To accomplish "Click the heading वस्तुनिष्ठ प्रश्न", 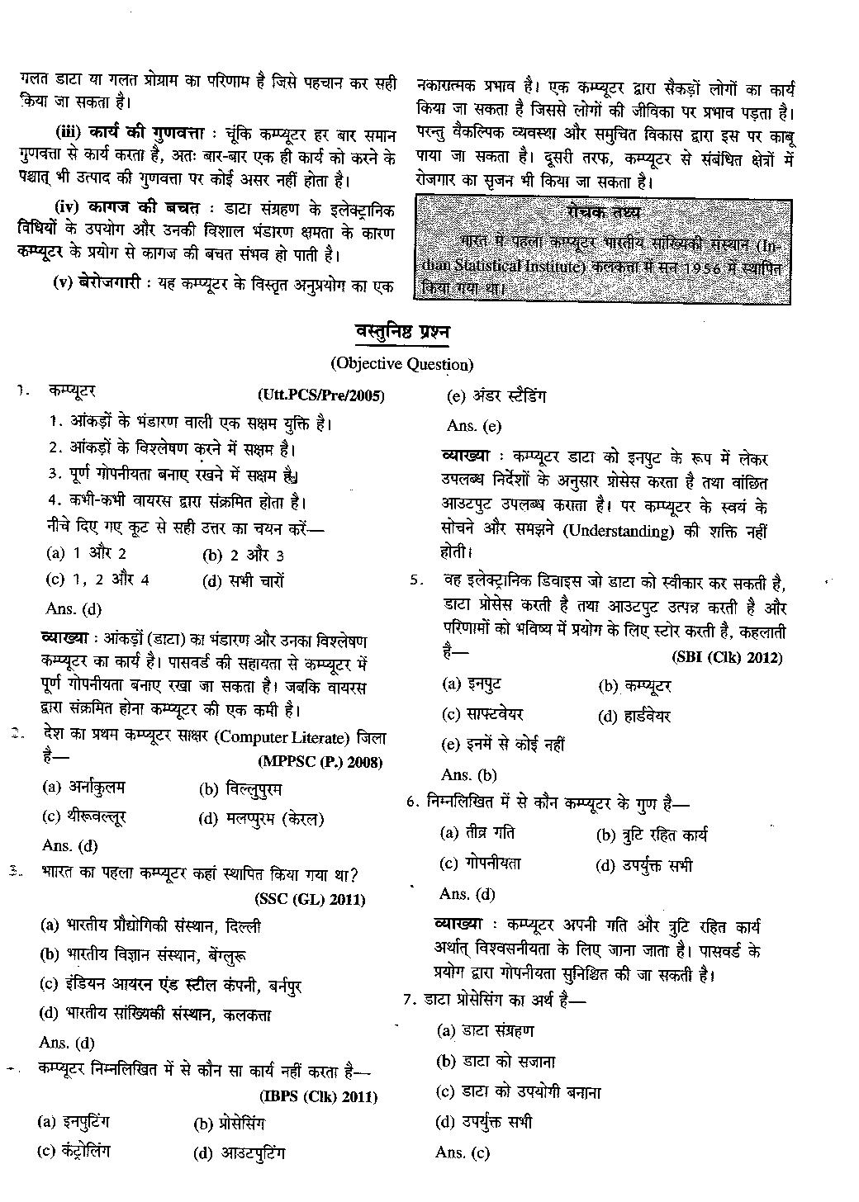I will pos(401,333).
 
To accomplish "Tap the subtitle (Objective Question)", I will pos(401,364).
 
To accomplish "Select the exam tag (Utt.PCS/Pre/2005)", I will pos(321,395).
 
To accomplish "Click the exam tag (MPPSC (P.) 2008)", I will pos(320,761).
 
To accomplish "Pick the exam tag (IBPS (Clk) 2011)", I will pos(318,1097).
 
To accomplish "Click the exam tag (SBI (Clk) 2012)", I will pos(727,657).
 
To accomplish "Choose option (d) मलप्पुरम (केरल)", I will pos(261,819).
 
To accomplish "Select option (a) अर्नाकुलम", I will pos(84,787).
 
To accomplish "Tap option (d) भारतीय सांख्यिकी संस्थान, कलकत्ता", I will pos(155,1015).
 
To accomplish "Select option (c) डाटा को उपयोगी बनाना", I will pos(519,1092).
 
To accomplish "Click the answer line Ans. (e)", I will pos(473,426).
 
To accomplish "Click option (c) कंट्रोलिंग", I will pos(74,1152).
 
